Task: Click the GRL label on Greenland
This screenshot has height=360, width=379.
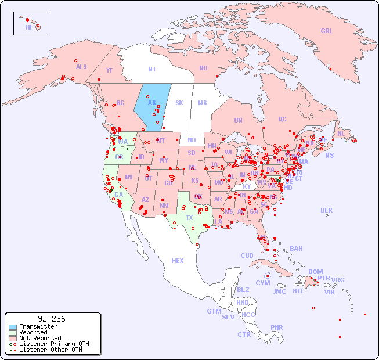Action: (327, 31)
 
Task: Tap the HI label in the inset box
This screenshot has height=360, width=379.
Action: (28, 27)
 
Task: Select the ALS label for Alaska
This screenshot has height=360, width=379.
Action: (81, 67)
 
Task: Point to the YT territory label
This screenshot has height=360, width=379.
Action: (109, 70)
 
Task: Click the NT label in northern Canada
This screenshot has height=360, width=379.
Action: (151, 69)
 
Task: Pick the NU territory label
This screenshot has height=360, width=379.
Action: (203, 68)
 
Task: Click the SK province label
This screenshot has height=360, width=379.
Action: (179, 103)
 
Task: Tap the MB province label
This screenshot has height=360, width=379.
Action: (202, 103)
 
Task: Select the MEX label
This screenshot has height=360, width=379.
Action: (178, 261)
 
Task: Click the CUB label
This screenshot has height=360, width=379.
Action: (247, 255)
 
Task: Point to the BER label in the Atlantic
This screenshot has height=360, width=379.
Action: (326, 210)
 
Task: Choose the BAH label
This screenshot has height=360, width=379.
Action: (296, 249)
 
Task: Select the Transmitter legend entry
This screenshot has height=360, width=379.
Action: (38, 326)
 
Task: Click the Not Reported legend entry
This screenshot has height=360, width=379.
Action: (39, 338)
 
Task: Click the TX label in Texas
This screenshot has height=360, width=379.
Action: (189, 218)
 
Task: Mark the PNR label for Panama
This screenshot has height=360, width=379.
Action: (277, 327)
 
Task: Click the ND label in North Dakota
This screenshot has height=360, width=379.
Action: (192, 140)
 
